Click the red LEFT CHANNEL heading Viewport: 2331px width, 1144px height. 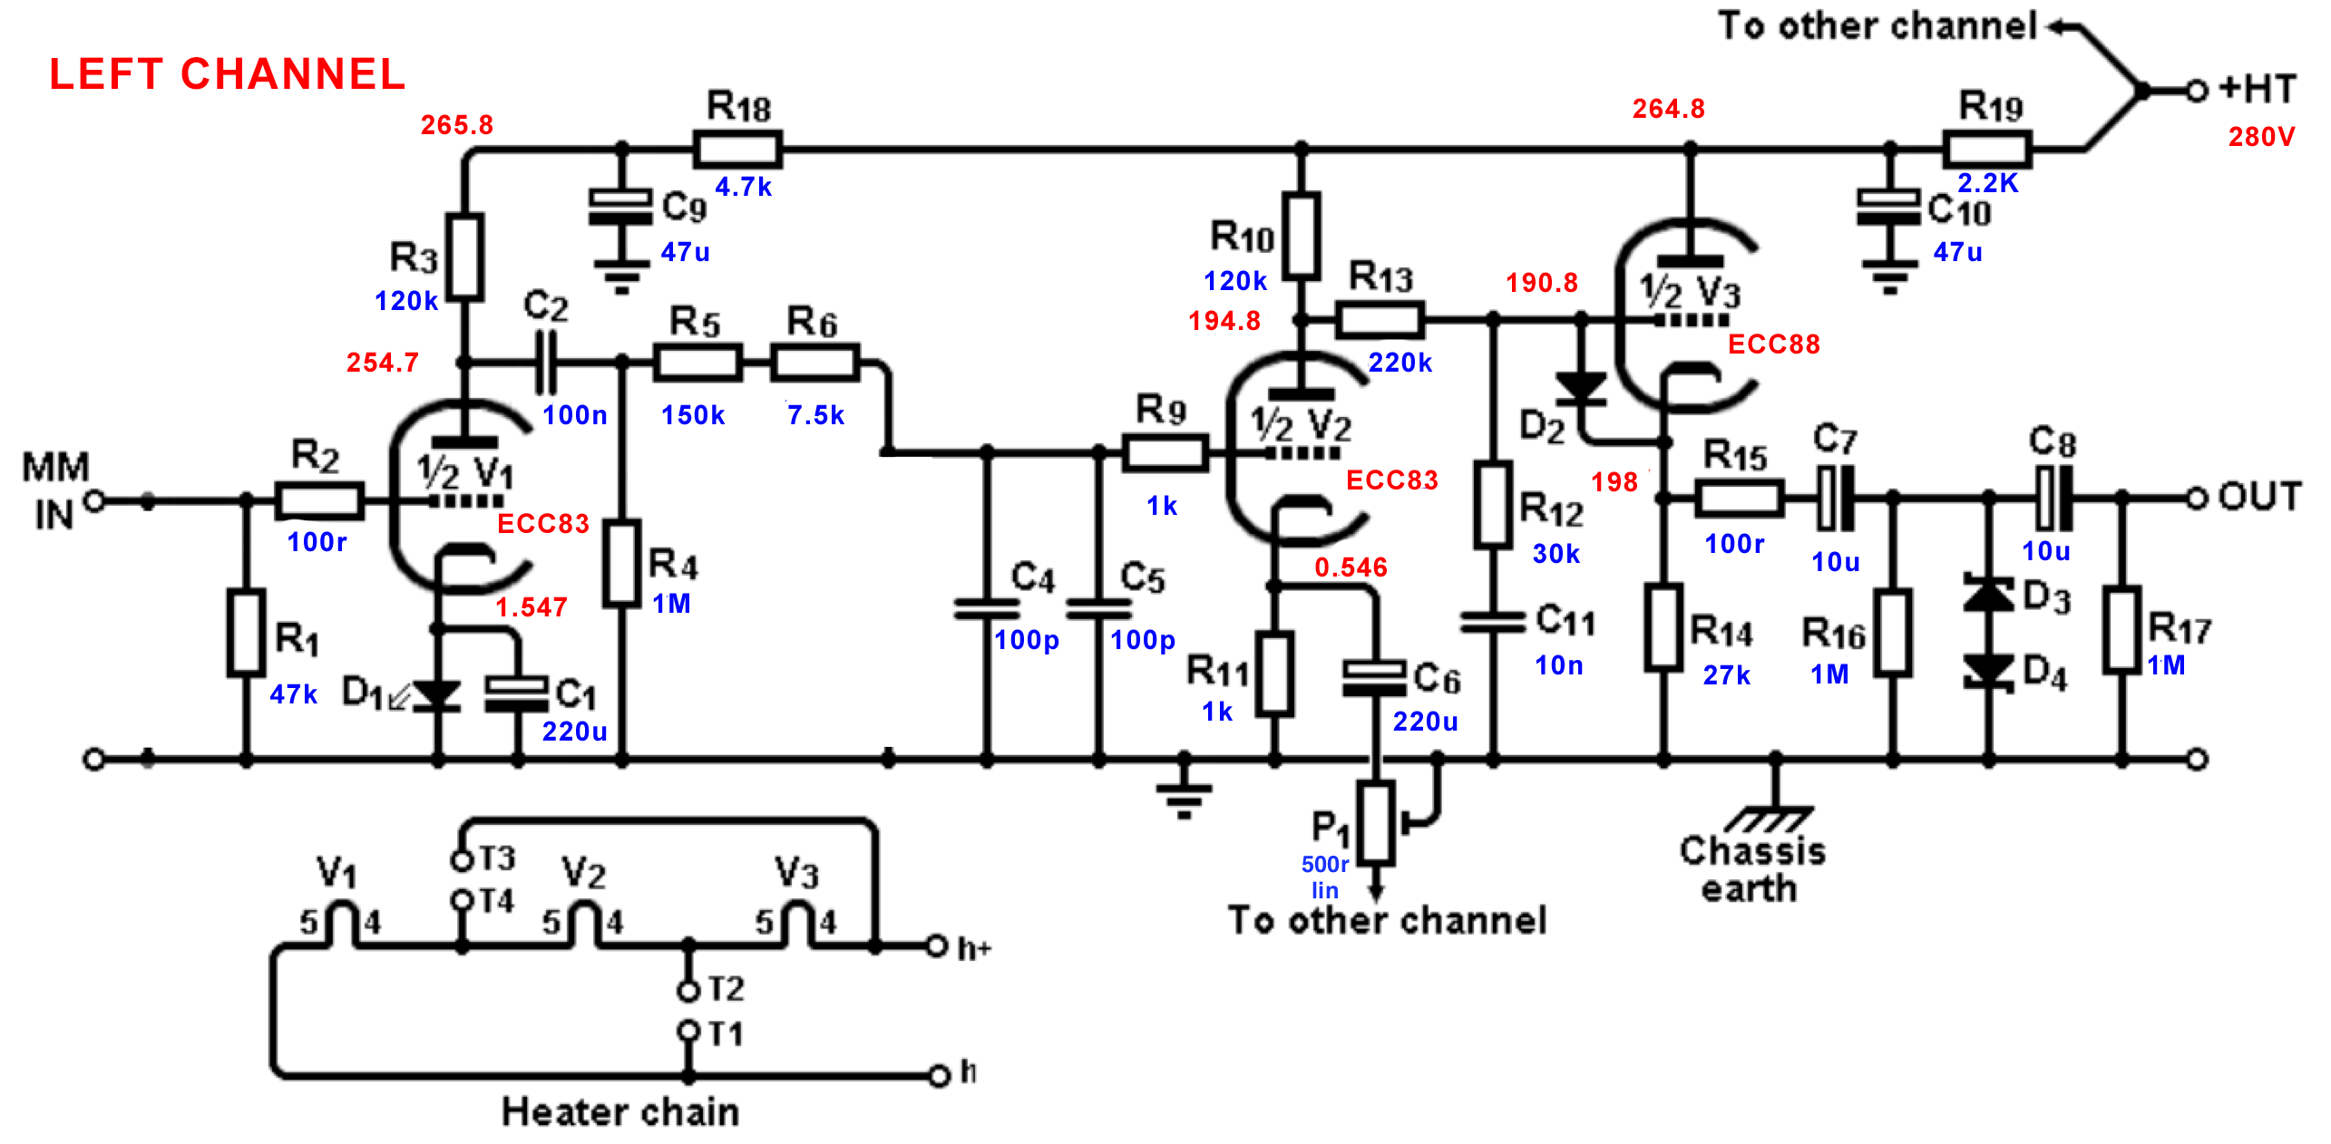click(227, 74)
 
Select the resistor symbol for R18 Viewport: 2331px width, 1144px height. click(737, 150)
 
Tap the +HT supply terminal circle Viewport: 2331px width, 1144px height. click(2196, 91)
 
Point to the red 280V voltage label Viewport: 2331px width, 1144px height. click(2261, 137)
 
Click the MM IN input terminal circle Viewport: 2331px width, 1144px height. click(94, 500)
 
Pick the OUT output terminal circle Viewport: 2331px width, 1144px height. click(2196, 498)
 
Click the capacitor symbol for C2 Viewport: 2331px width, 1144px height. click(546, 362)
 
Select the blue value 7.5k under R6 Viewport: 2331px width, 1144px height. click(815, 415)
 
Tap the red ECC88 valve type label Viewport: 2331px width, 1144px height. click(1773, 344)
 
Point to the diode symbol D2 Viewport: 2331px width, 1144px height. click(1581, 388)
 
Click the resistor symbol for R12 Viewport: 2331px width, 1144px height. click(1493, 505)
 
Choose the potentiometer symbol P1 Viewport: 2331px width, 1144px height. click(1377, 823)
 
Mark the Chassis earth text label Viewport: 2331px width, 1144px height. click(1751, 869)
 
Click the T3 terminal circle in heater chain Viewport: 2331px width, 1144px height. click(462, 859)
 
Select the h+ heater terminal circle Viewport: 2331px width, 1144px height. click(937, 946)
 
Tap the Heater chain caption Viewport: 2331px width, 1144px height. click(620, 1111)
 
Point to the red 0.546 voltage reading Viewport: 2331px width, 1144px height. click(1351, 567)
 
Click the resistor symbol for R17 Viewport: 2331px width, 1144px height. click(2122, 630)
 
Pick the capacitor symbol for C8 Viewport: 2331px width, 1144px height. click(2053, 498)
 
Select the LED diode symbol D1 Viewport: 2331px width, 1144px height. click(436, 695)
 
